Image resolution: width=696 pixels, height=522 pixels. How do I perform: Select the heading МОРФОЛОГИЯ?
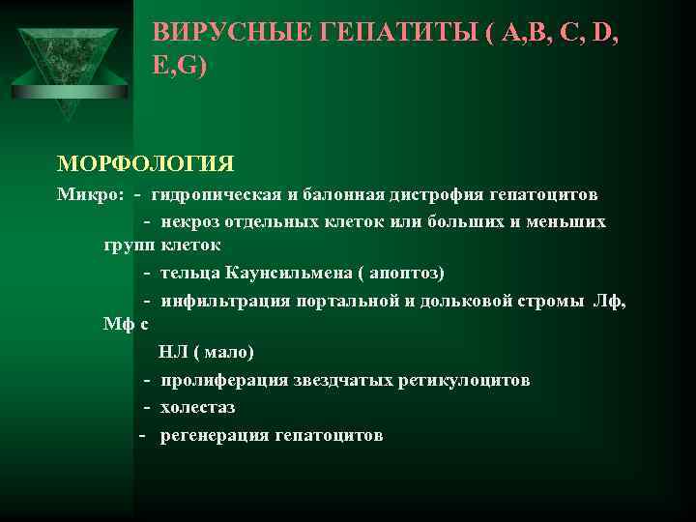[146, 160]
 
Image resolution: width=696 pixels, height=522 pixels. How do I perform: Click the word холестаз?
[198, 407]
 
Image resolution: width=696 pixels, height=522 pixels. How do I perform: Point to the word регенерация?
[216, 435]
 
